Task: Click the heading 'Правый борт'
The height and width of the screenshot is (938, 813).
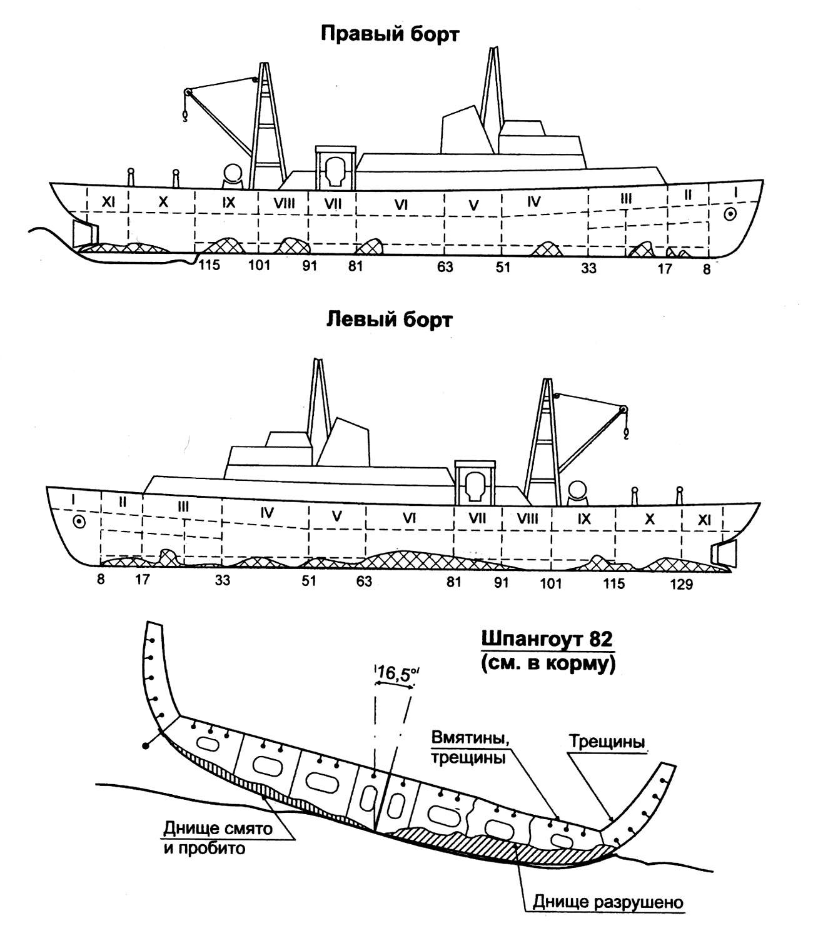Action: (390, 34)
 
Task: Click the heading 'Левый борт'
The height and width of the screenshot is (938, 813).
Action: (389, 320)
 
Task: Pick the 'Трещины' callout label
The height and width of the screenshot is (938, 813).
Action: (606, 742)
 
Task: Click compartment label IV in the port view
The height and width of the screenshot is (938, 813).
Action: (267, 513)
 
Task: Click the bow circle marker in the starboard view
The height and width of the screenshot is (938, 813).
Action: (729, 214)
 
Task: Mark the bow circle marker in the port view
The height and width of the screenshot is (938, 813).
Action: (79, 522)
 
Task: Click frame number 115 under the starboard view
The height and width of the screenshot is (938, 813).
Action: (210, 265)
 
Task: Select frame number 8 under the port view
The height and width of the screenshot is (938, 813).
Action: (101, 579)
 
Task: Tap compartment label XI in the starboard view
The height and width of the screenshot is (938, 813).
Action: (108, 202)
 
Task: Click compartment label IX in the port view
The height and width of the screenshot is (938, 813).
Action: (584, 518)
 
